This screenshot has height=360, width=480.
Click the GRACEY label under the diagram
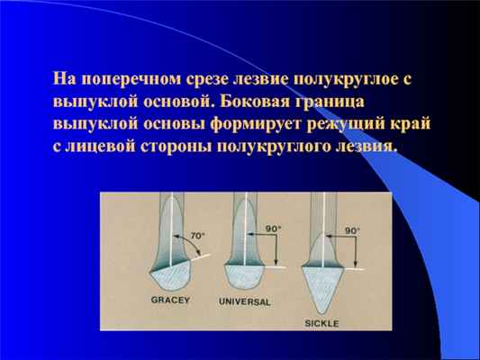[x=171, y=300]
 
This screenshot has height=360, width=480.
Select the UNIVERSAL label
[x=244, y=300]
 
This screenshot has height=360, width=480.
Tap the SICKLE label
[x=321, y=321]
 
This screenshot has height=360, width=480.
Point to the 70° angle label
[x=198, y=235]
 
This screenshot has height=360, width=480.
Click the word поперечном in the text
[x=123, y=79]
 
